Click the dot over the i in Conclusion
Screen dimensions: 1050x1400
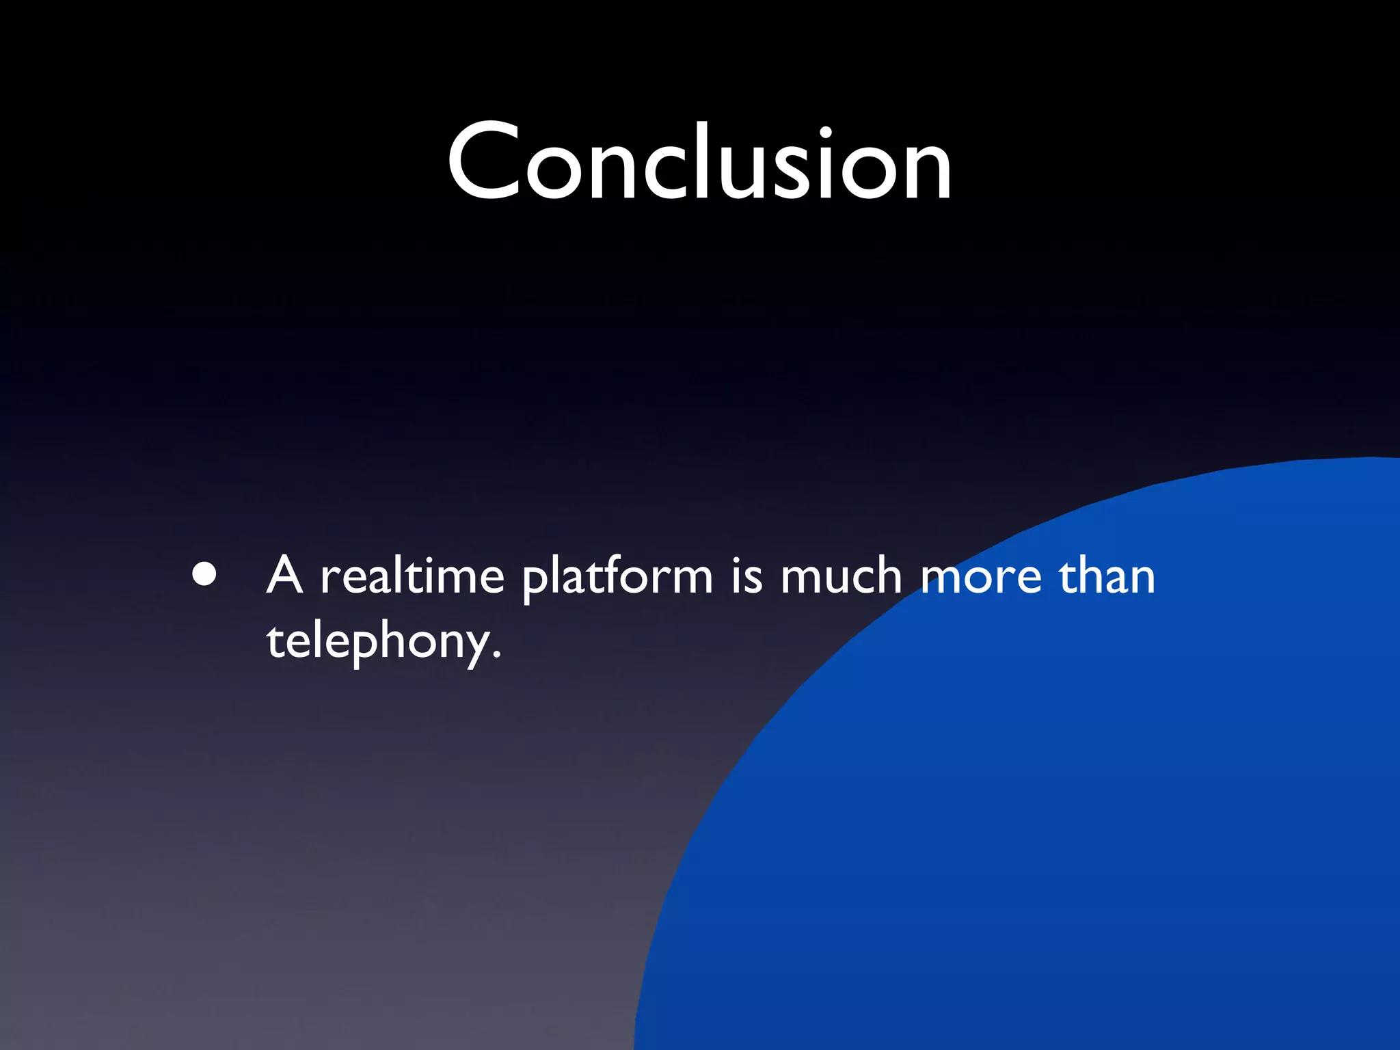826,131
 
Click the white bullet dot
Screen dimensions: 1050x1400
204,574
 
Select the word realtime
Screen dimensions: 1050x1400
412,576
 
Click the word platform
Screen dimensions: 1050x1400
617,578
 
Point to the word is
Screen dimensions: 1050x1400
746,576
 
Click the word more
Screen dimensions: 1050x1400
981,578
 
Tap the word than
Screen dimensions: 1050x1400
1107,576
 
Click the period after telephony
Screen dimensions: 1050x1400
496,656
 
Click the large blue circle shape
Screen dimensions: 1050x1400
1094,820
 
